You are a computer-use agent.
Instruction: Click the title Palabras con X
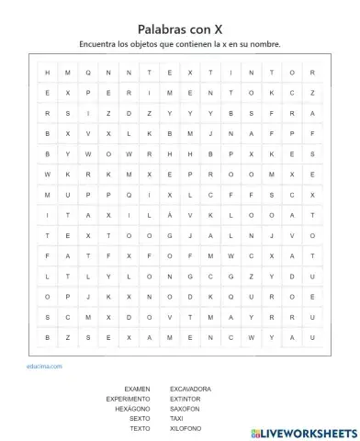tap(180, 29)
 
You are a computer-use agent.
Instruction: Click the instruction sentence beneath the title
tap(180, 44)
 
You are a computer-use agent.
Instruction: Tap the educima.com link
tap(44, 366)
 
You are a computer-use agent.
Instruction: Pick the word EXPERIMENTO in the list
tap(128, 399)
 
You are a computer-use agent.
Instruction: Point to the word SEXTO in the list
tap(139, 419)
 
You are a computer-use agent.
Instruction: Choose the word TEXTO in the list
tap(139, 429)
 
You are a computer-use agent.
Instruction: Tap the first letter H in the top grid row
tap(46, 73)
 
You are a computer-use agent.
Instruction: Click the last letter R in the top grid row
tap(313, 73)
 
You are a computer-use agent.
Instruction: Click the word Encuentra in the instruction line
tap(98, 44)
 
